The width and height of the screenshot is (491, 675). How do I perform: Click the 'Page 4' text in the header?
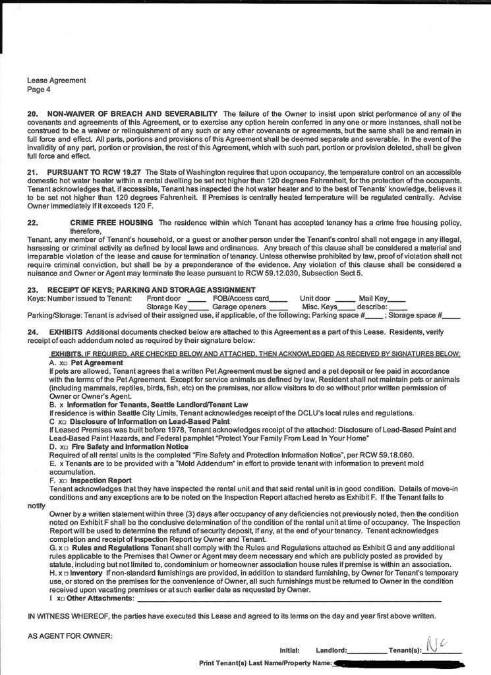[38, 89]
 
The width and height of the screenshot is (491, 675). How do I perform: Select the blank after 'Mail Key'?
[400, 299]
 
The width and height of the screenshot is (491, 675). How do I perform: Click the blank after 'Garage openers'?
[279, 308]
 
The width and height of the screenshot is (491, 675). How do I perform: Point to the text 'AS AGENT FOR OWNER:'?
[70, 636]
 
